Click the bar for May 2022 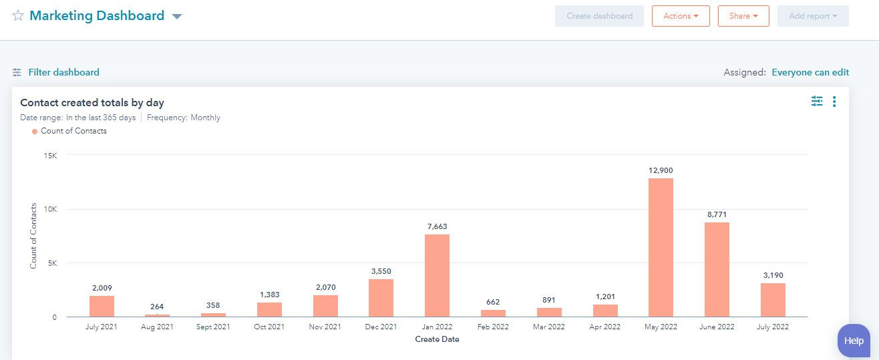661,247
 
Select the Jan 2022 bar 437,275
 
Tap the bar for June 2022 717,269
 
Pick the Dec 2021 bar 381,298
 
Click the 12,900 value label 661,170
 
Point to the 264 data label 158,306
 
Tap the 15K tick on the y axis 50,155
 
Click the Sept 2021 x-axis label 213,327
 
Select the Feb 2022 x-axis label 493,327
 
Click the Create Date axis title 437,339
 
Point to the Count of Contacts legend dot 35,132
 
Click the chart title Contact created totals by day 92,103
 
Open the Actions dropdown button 681,16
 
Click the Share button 743,16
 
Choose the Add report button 813,16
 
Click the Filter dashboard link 63,72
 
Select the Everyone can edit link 810,72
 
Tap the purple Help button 854,341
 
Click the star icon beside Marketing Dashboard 18,16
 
